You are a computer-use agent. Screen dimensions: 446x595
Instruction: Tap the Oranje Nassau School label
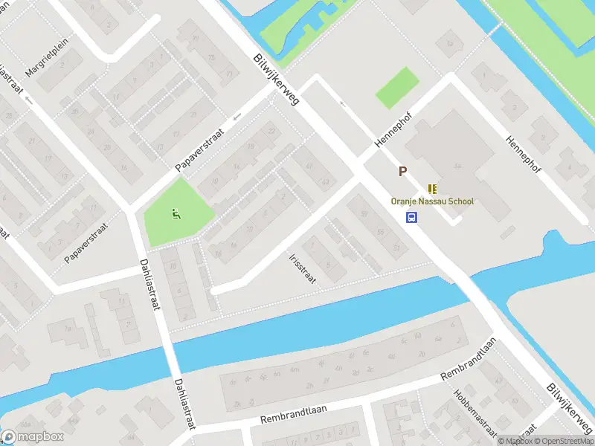click(x=432, y=201)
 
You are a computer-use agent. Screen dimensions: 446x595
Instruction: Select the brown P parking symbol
click(x=402, y=172)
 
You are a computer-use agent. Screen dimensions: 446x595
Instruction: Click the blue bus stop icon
click(x=411, y=217)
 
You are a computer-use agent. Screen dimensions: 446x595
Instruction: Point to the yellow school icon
click(x=432, y=189)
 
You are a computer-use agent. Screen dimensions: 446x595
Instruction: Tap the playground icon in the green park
click(x=176, y=216)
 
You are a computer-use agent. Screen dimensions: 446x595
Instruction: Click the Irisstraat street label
click(x=303, y=268)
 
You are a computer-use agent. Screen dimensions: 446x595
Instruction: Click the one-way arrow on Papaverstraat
click(x=237, y=117)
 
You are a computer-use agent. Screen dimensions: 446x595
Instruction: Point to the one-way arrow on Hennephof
click(x=343, y=103)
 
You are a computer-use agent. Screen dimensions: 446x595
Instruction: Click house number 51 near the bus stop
click(x=396, y=247)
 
